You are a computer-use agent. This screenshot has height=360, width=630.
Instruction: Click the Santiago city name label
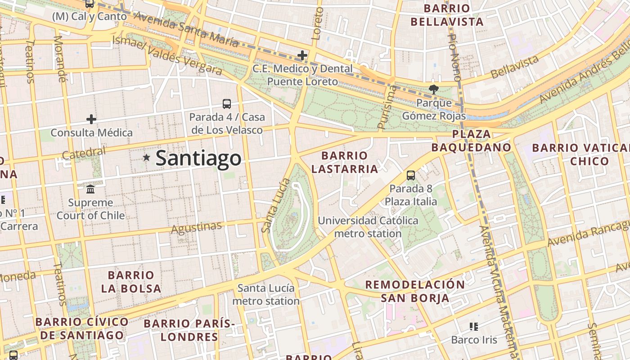click(x=198, y=158)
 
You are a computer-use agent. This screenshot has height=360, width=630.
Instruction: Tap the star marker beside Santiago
click(x=146, y=157)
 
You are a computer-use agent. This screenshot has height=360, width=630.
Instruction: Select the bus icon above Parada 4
click(x=227, y=104)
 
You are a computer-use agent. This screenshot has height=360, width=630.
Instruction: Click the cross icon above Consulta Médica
click(x=91, y=119)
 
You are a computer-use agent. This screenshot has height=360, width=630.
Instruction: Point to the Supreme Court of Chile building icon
click(x=90, y=189)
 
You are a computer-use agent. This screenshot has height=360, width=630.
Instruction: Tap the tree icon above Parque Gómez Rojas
click(x=433, y=89)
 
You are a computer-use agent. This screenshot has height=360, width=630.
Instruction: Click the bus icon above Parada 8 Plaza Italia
click(x=410, y=175)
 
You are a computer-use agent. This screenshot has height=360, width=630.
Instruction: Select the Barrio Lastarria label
click(x=345, y=162)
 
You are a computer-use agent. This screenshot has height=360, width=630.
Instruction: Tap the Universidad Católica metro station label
click(x=368, y=227)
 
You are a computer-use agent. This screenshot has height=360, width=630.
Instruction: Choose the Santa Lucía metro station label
click(x=266, y=294)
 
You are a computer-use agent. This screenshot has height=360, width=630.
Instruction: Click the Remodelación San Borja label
click(x=414, y=291)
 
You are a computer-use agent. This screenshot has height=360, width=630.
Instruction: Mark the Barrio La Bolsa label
click(x=131, y=282)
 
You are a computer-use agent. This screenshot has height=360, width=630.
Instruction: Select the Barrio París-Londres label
click(x=189, y=330)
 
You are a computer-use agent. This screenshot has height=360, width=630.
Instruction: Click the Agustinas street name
click(x=196, y=228)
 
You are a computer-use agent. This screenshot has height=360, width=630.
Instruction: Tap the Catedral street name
click(x=84, y=153)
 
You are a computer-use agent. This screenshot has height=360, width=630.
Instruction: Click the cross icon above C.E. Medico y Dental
click(x=302, y=55)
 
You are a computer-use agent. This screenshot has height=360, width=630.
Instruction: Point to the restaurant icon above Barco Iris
click(x=473, y=326)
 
